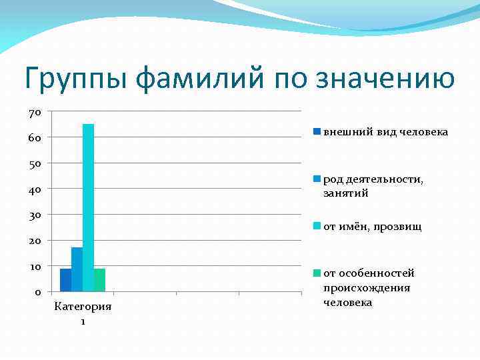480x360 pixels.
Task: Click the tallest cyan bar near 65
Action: [x=88, y=207]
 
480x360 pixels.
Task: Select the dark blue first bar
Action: [x=65, y=280]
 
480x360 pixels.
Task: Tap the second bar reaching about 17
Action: [x=77, y=269]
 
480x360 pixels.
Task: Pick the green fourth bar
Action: [x=99, y=280]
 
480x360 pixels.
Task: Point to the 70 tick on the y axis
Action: [x=35, y=112]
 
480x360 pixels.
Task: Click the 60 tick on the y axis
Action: [x=35, y=138]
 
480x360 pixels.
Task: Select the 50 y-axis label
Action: [x=35, y=163]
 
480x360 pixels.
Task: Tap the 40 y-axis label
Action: [x=35, y=189]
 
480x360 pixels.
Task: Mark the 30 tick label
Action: [x=35, y=215]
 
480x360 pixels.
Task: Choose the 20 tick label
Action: [x=35, y=241]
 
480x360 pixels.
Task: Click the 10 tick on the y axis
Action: [x=35, y=267]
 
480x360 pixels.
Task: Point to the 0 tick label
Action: [x=37, y=292]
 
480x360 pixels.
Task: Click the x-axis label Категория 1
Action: [x=83, y=313]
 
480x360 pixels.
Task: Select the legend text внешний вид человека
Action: [x=385, y=131]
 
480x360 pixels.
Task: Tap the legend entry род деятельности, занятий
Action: [x=373, y=186]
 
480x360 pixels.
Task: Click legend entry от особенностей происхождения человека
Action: [x=368, y=287]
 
